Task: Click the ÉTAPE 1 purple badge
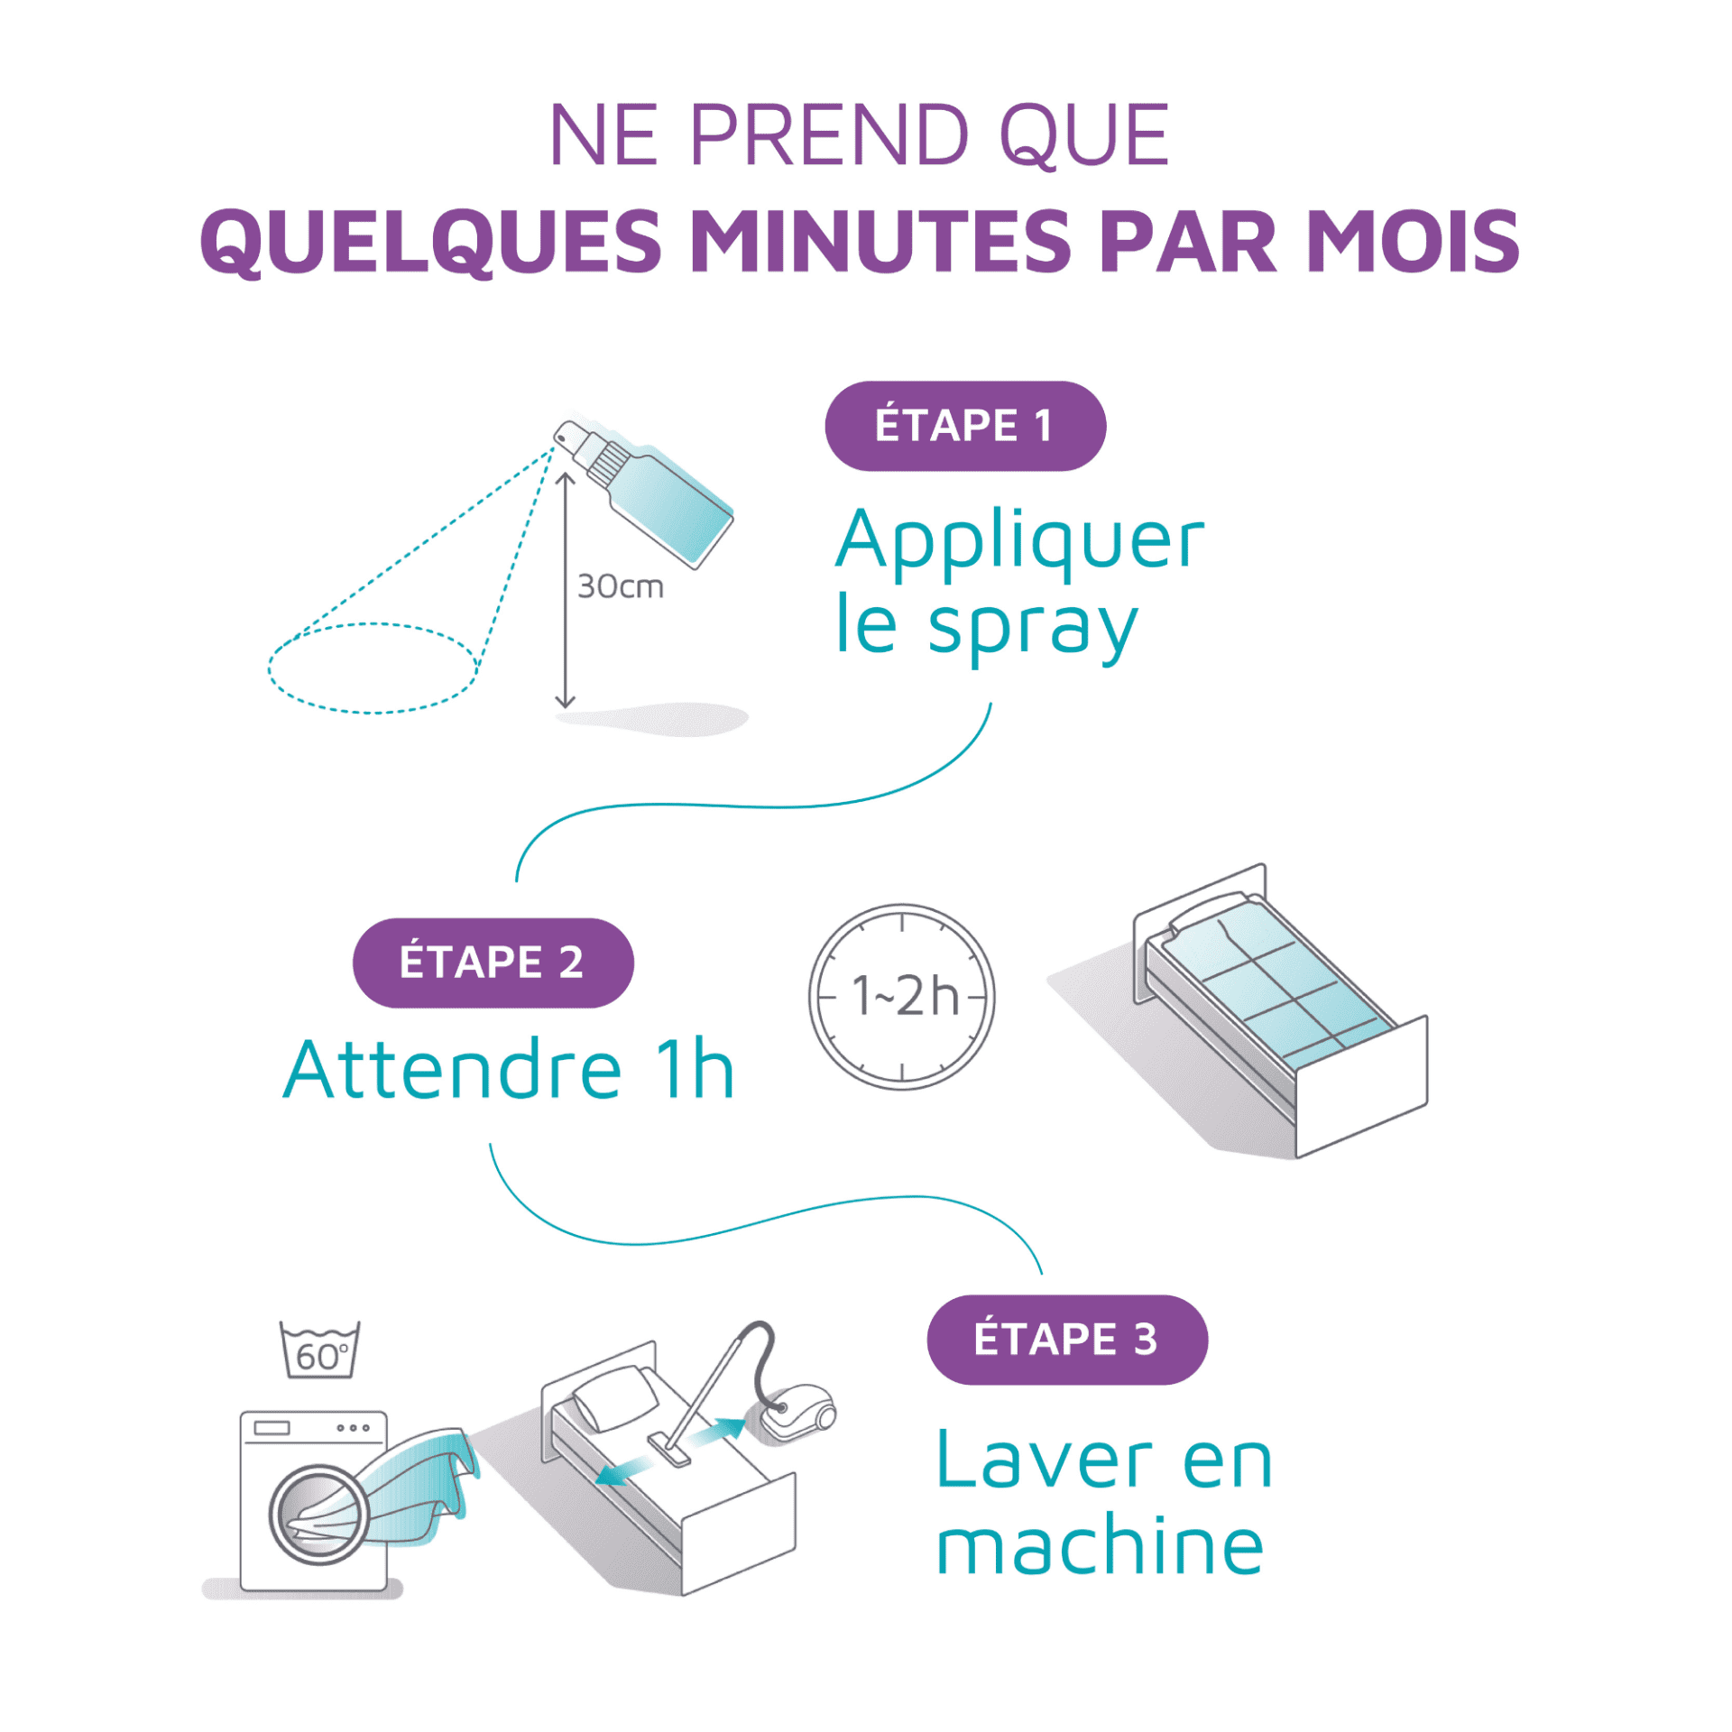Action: [x=964, y=426]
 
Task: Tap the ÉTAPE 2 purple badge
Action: [x=493, y=963]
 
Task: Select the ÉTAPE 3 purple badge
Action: [x=1067, y=1340]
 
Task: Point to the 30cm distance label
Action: [x=621, y=587]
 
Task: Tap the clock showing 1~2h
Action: [x=902, y=997]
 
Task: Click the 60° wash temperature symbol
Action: [x=320, y=1350]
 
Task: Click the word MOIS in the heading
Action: [x=1414, y=242]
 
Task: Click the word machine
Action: [x=1100, y=1547]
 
